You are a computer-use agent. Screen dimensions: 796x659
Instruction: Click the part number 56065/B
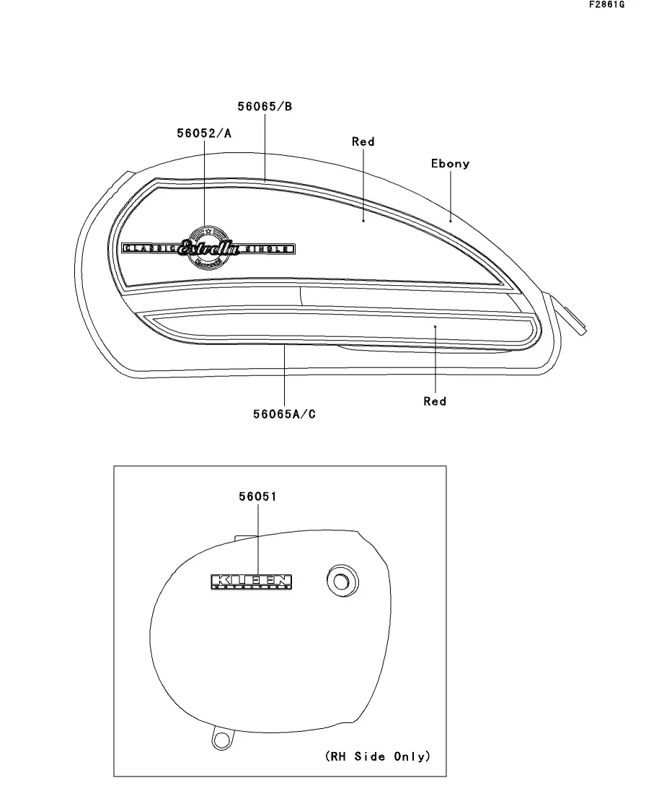point(265,107)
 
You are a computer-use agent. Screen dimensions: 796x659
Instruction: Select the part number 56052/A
point(204,133)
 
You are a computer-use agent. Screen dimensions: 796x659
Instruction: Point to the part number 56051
point(257,497)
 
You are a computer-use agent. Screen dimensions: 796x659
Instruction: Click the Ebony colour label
point(450,164)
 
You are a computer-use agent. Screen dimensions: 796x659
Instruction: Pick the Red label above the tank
point(363,142)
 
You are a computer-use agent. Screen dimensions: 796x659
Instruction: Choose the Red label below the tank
point(435,401)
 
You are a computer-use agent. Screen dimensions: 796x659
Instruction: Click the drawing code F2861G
point(606,5)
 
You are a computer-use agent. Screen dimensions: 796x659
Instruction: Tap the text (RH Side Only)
point(377,756)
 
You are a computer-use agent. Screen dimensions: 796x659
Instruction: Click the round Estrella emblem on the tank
point(208,248)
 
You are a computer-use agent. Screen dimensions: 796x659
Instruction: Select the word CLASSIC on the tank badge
point(150,248)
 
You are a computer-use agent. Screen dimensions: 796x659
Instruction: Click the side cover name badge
point(252,582)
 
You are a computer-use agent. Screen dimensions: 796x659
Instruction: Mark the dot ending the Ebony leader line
point(451,220)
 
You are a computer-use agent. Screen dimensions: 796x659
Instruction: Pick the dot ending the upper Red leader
point(363,220)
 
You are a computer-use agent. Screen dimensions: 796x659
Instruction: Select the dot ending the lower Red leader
point(435,326)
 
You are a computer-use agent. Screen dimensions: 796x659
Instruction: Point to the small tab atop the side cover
point(245,537)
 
